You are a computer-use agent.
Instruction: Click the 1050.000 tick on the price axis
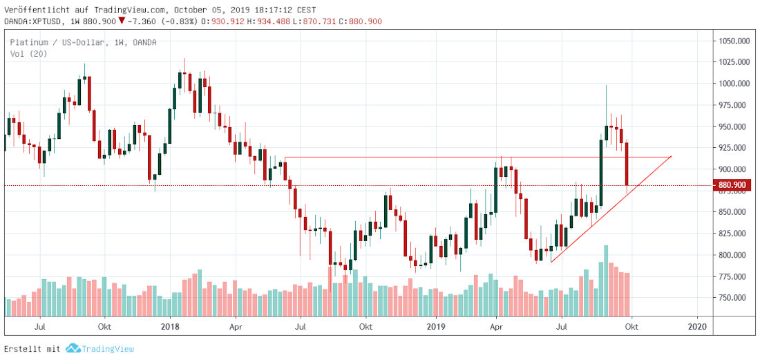click(x=734, y=41)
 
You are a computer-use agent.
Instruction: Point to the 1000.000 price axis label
click(x=734, y=84)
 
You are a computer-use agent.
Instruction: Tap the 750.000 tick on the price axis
click(x=734, y=298)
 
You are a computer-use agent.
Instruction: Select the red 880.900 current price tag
click(x=734, y=185)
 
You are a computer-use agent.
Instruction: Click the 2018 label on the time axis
click(x=170, y=326)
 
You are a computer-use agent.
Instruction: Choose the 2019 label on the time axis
click(x=435, y=326)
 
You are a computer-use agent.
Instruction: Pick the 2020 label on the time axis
click(x=698, y=326)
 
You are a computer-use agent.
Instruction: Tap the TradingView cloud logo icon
click(x=73, y=349)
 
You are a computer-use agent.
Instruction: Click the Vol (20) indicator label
click(x=28, y=53)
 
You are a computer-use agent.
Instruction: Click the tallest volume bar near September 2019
click(x=606, y=281)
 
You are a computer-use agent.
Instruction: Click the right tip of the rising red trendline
click(x=671, y=156)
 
